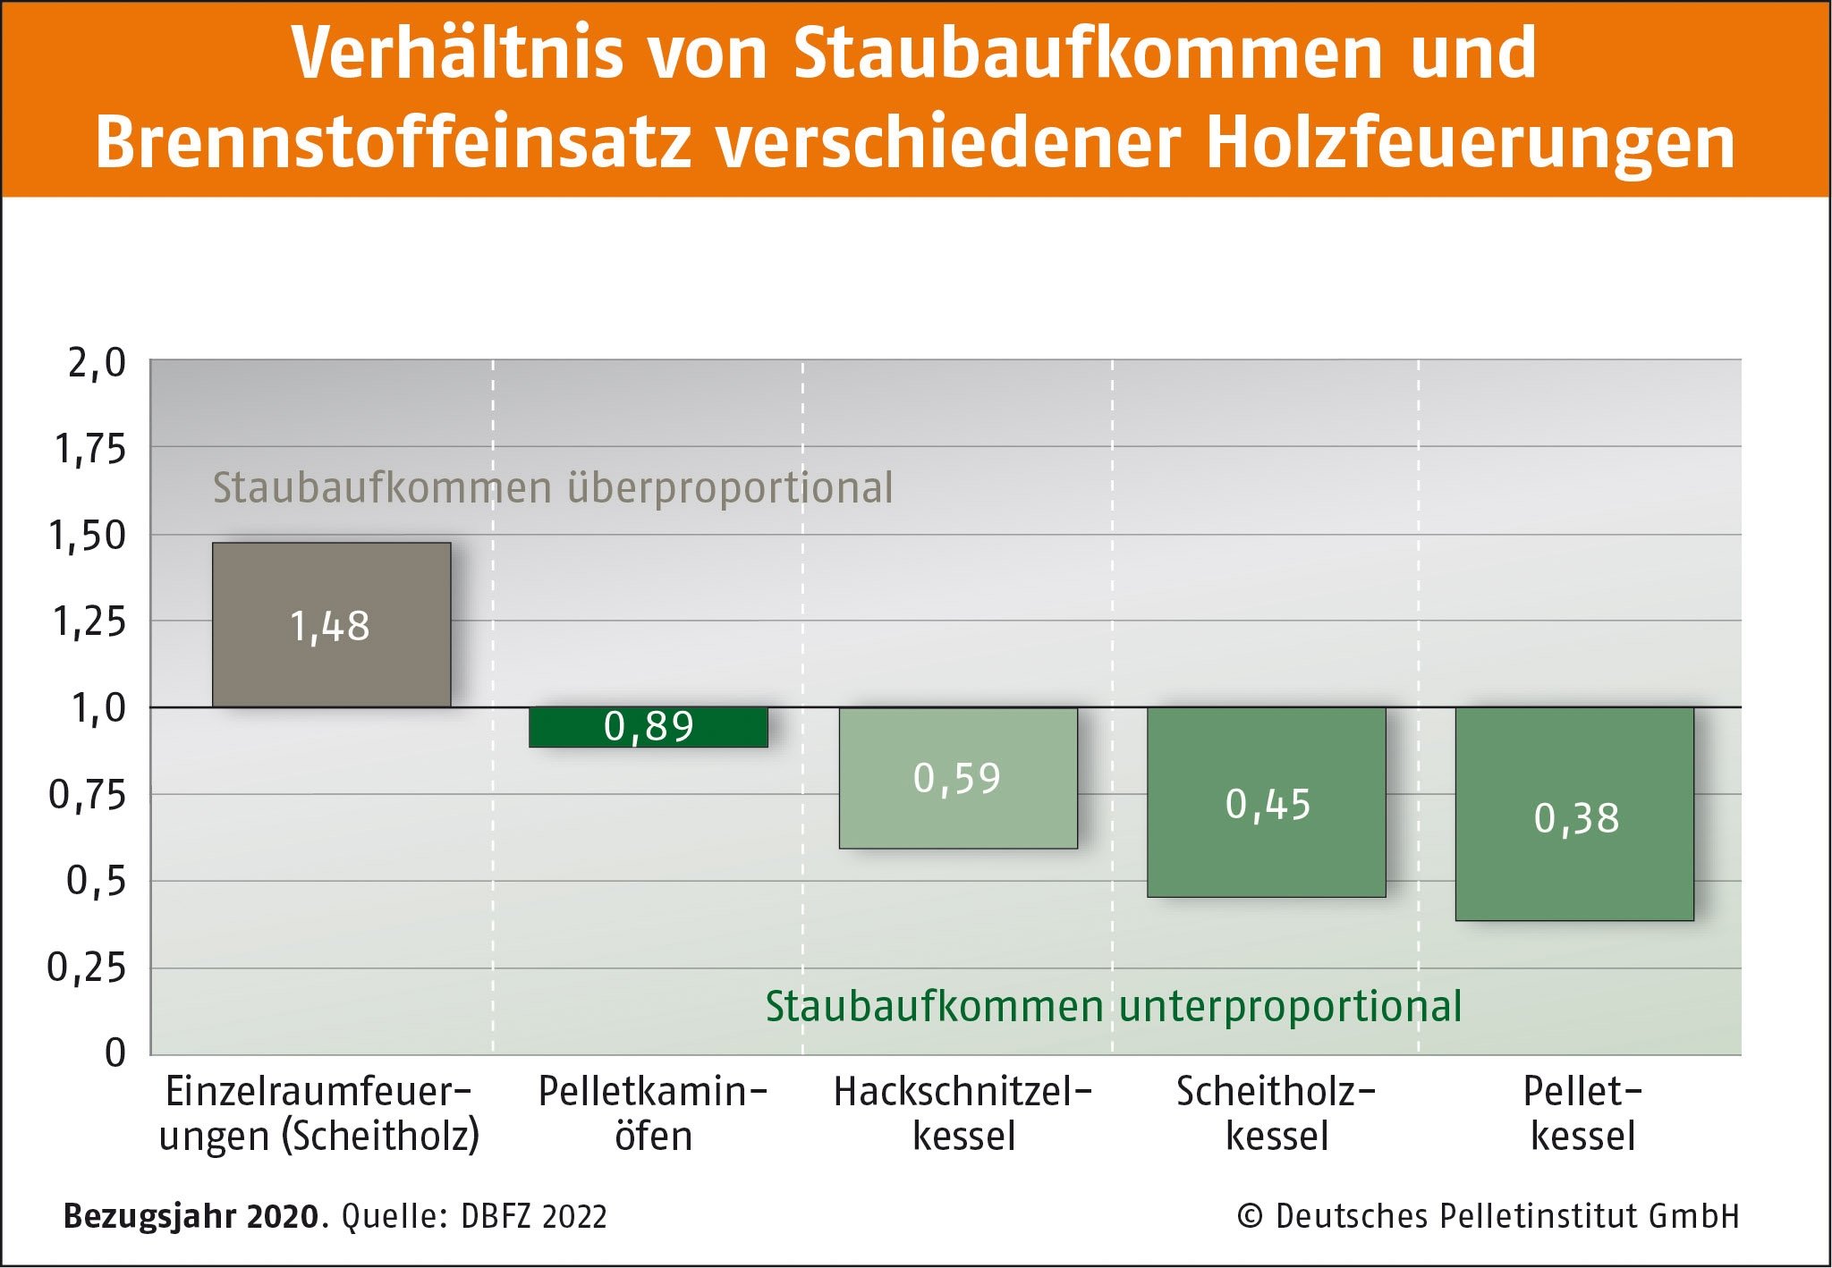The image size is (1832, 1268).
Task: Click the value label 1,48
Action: (329, 626)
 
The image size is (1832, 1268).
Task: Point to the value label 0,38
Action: (1576, 818)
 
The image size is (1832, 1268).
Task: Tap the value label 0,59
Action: (956, 778)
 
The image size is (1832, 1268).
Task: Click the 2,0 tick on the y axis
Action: (97, 363)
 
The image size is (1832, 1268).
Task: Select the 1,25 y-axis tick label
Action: (89, 621)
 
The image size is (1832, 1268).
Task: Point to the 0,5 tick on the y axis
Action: (97, 881)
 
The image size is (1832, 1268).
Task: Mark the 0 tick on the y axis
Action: (114, 1052)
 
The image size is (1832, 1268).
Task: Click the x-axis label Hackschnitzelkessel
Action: (963, 1113)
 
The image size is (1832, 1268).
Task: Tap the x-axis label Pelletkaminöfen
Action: (653, 1113)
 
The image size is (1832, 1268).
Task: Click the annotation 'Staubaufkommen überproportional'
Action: (552, 488)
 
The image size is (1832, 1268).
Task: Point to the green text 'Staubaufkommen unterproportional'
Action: (1113, 1006)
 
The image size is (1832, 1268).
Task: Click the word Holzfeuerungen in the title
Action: (1471, 143)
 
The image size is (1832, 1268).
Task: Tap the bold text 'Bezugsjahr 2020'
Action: (191, 1216)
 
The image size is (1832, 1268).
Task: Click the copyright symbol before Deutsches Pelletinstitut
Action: (1249, 1216)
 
